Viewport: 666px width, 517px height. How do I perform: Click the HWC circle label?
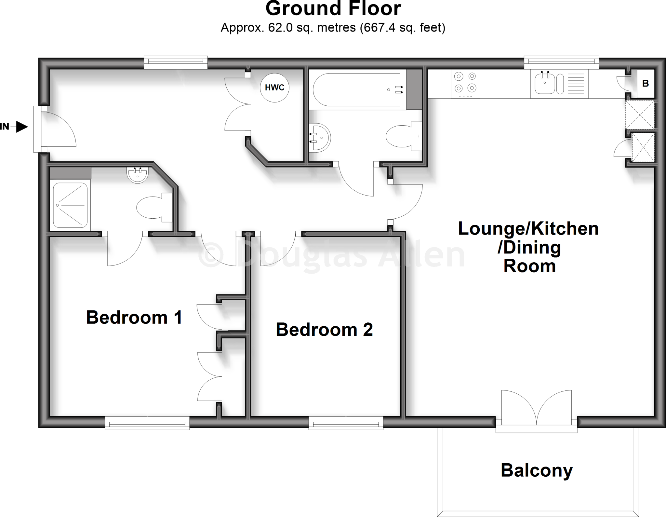coord(274,88)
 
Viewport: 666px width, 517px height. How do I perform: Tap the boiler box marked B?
coord(646,84)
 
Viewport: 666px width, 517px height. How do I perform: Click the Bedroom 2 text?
coord(324,330)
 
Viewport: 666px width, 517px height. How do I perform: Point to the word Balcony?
coord(537,470)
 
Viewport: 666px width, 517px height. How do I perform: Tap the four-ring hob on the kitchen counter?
coord(465,83)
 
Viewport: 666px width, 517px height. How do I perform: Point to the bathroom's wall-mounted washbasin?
coord(320,138)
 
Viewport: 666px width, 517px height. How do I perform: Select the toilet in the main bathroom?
coord(402,137)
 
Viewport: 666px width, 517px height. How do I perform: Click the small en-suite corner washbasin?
coord(138,175)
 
